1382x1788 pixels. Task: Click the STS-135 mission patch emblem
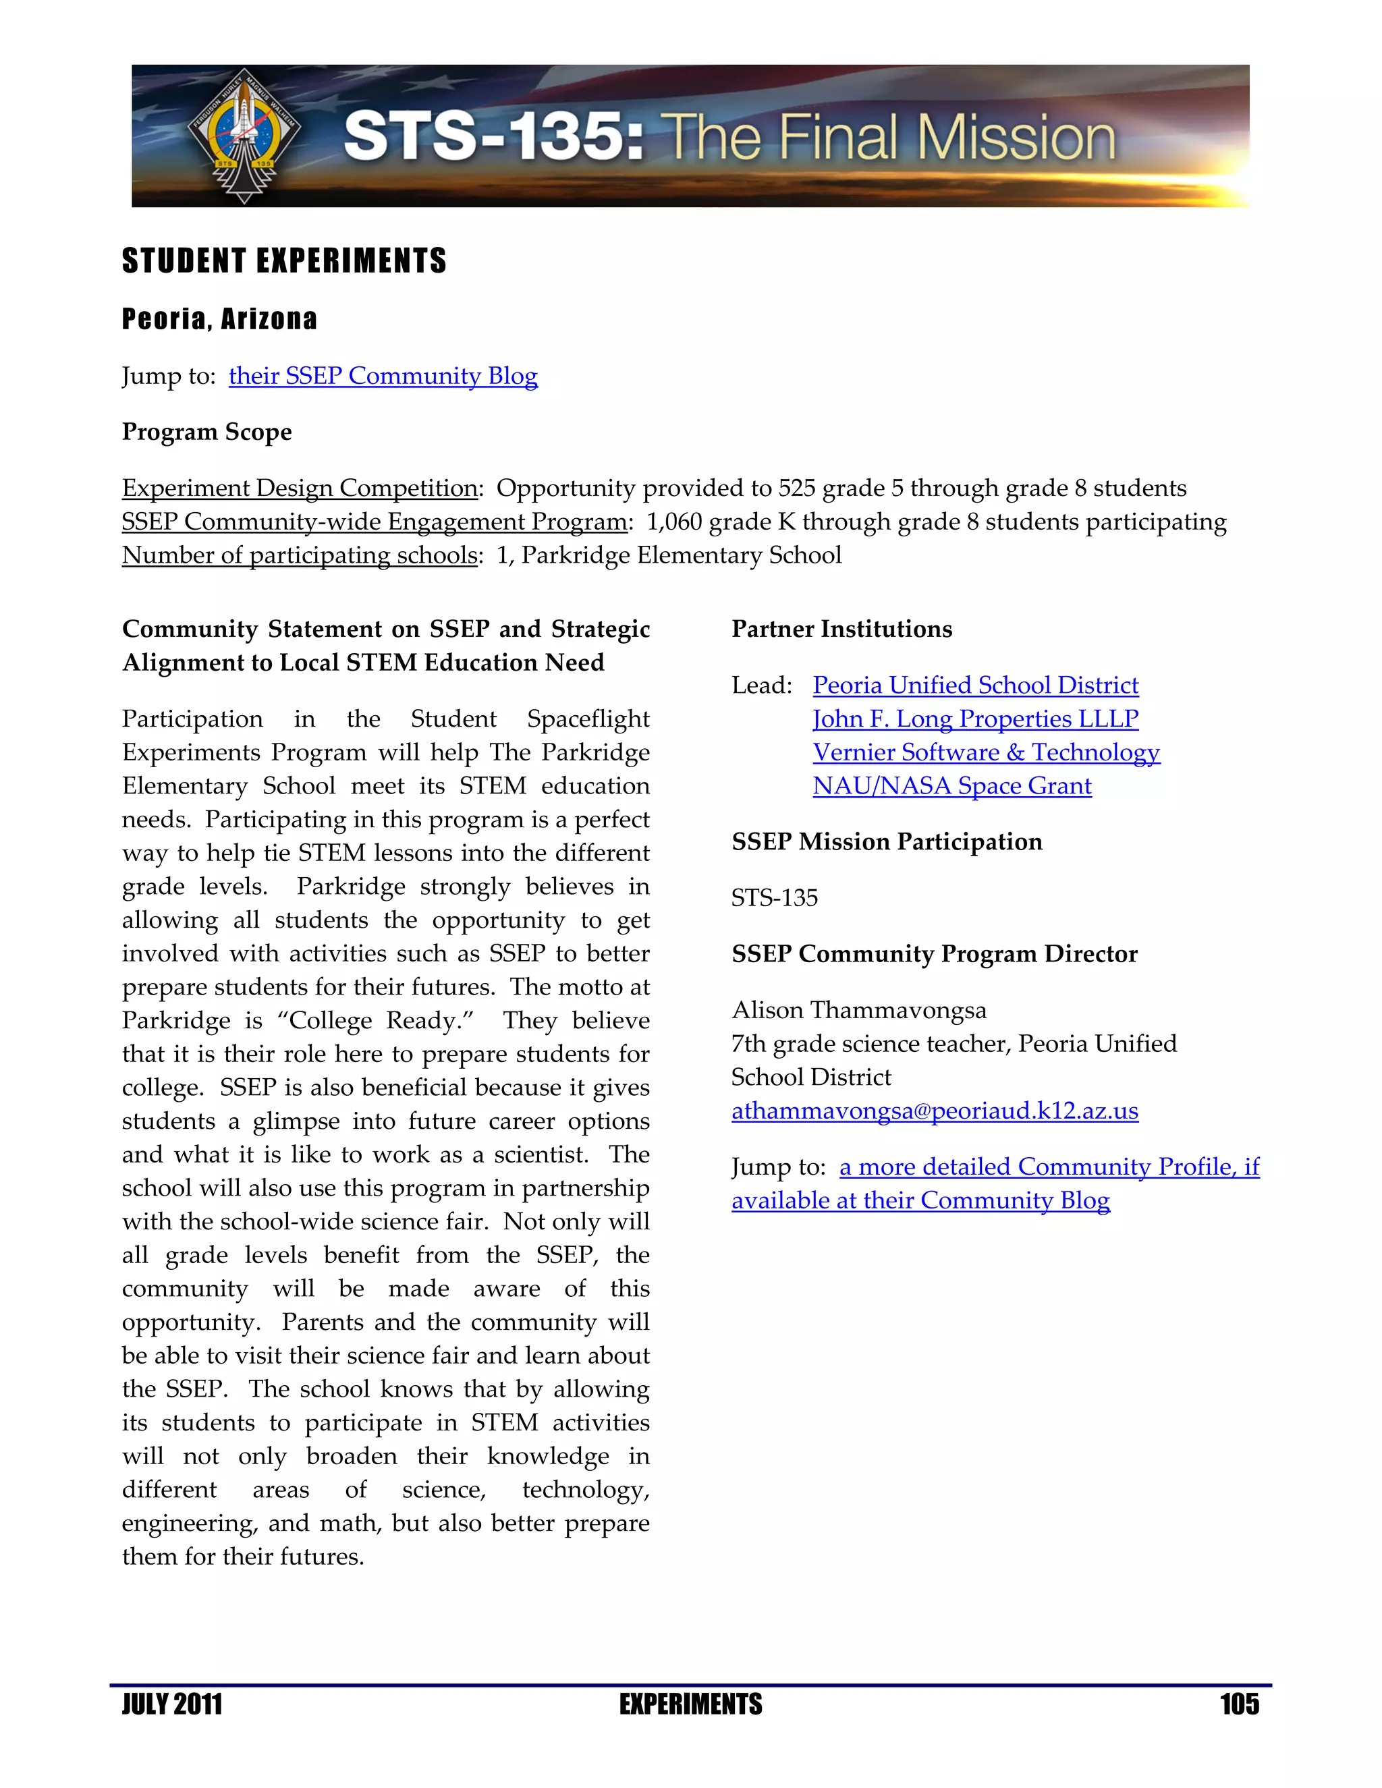(244, 135)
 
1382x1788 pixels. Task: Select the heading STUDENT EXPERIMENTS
(284, 261)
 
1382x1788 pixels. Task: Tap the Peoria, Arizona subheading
(219, 318)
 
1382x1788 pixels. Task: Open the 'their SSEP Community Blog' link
(383, 376)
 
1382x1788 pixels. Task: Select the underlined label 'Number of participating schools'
(300, 556)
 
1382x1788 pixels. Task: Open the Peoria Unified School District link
(975, 686)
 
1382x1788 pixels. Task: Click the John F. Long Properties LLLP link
(975, 719)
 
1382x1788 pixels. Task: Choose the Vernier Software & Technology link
(986, 752)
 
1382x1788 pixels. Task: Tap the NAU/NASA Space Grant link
(951, 786)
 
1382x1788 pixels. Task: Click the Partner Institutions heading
(841, 629)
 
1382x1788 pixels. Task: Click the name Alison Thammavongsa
(859, 1010)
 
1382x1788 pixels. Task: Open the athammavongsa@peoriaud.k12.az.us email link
(934, 1111)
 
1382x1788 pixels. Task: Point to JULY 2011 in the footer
(172, 1704)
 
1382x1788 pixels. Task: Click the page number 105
(1239, 1704)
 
